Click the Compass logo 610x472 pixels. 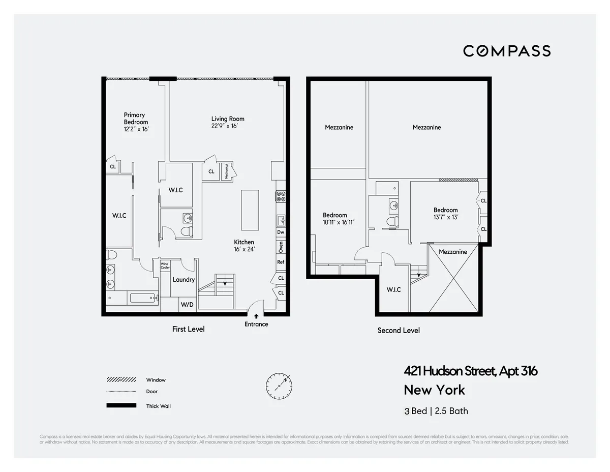pyautogui.click(x=506, y=51)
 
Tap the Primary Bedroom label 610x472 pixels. pyautogui.click(x=136, y=119)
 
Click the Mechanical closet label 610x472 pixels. pyautogui.click(x=224, y=171)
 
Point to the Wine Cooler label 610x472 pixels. pyautogui.click(x=165, y=265)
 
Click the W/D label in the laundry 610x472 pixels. pyautogui.click(x=186, y=305)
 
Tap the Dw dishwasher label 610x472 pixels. pyautogui.click(x=281, y=232)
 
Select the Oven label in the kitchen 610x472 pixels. pyautogui.click(x=281, y=247)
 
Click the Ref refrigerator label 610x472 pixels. pyautogui.click(x=281, y=262)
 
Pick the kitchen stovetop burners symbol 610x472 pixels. pyautogui.click(x=281, y=196)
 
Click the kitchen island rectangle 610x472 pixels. pyautogui.click(x=250, y=210)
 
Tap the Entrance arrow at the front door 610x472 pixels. pyautogui.click(x=256, y=316)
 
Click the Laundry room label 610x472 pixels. pyautogui.click(x=184, y=280)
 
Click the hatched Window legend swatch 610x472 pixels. pyautogui.click(x=121, y=379)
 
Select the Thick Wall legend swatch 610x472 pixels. pyautogui.click(x=121, y=405)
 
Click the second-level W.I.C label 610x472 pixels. pyautogui.click(x=393, y=289)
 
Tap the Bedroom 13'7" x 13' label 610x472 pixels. pyautogui.click(x=445, y=213)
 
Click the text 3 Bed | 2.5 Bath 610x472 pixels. pyautogui.click(x=436, y=411)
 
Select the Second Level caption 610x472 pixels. pyautogui.click(x=399, y=331)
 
